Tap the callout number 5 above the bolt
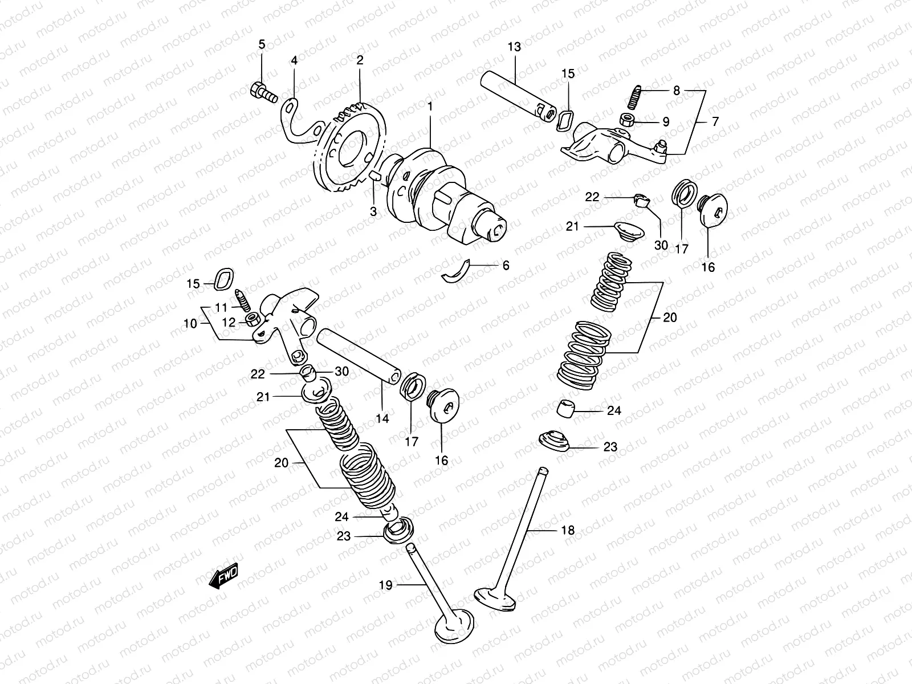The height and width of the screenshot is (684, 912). point(262,44)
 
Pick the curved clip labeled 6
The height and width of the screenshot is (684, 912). point(456,271)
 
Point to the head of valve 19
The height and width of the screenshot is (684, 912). point(454,630)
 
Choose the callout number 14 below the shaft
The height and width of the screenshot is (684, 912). point(382,418)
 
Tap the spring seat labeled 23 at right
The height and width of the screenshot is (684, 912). point(555,441)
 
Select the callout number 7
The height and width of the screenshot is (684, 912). point(715,121)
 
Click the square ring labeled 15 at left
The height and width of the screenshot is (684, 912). point(222,277)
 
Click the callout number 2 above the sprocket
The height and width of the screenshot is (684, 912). point(360,60)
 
